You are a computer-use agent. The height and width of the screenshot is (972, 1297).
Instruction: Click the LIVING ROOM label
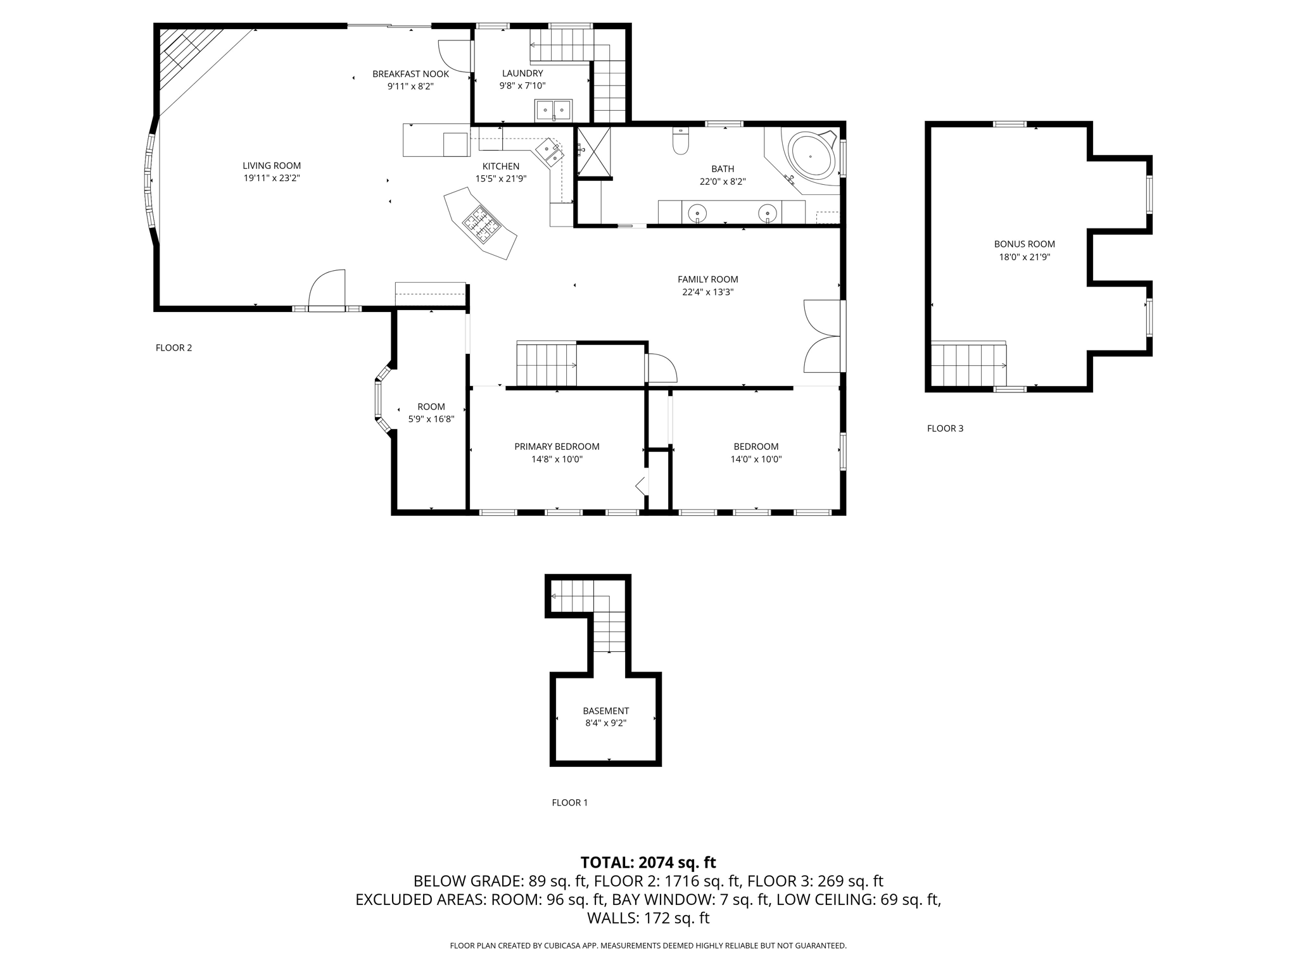(x=272, y=166)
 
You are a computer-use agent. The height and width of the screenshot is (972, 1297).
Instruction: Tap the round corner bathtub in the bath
(x=810, y=156)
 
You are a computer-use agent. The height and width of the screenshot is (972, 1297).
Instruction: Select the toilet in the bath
(x=680, y=141)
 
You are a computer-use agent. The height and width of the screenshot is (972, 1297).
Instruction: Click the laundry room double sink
(x=554, y=110)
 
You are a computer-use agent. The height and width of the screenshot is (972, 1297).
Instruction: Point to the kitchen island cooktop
(x=482, y=224)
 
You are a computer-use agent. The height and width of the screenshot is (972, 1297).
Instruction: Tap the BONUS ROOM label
(x=1024, y=244)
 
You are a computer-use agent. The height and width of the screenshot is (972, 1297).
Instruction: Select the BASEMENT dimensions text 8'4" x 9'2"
(x=605, y=723)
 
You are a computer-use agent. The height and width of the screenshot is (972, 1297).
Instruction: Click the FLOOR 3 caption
(x=945, y=428)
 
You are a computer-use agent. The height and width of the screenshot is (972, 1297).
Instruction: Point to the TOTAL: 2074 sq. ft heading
(x=648, y=862)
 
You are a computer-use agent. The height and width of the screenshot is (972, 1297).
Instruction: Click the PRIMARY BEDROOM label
(x=557, y=447)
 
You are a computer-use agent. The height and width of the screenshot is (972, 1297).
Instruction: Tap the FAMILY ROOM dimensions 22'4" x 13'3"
(x=708, y=292)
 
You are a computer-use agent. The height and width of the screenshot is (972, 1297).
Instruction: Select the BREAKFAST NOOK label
(x=410, y=74)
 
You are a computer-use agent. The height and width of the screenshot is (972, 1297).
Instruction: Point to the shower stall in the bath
(x=593, y=152)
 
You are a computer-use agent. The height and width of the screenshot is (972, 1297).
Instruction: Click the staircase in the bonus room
(x=968, y=365)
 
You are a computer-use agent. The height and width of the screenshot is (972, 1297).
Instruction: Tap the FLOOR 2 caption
(x=174, y=347)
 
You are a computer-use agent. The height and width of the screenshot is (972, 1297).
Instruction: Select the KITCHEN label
(x=501, y=166)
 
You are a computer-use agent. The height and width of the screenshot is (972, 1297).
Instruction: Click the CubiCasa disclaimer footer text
(x=648, y=945)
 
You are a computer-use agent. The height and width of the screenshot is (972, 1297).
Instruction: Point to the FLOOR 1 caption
(x=569, y=802)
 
